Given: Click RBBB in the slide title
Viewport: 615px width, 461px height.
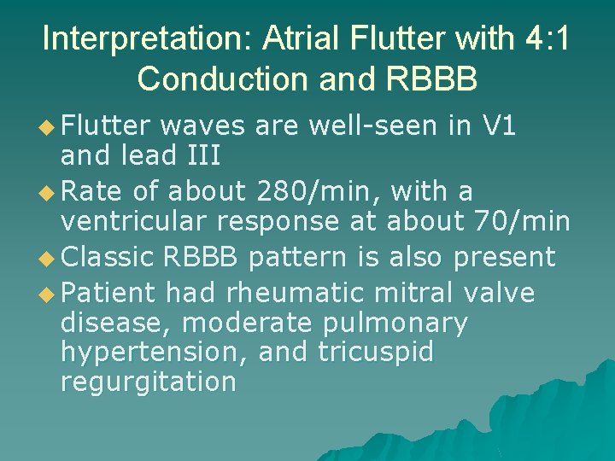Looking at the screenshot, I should pos(430,78).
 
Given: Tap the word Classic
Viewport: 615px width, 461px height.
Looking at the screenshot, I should pos(113,257).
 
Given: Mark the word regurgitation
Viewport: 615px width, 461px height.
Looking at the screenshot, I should pos(148,381).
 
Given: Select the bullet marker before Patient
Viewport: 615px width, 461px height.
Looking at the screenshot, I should pos(47,295).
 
